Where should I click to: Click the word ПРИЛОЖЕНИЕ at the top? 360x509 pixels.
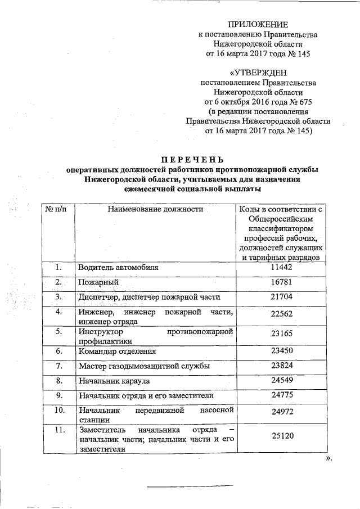[258, 24]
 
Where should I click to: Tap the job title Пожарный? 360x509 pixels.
[97, 282]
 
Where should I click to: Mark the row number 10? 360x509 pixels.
[58, 410]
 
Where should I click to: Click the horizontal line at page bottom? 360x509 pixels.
[190, 485]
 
